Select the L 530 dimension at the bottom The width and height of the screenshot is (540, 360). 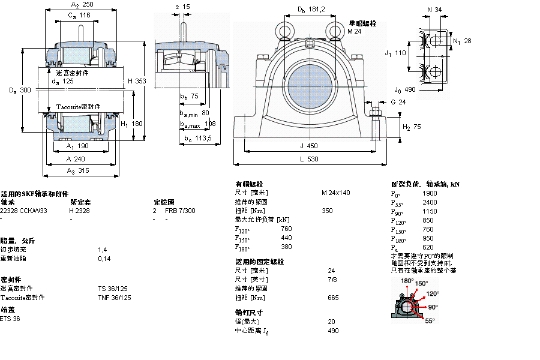tap(310, 160)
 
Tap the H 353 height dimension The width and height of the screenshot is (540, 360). tap(137, 81)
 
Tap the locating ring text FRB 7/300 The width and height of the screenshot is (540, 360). tap(180, 211)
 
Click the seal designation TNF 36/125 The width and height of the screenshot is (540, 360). tap(115, 297)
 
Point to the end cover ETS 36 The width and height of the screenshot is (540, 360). tap(10, 319)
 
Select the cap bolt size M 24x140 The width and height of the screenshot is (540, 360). tap(335, 193)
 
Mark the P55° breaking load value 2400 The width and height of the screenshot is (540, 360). tap(430, 202)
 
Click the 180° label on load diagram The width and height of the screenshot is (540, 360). tap(407, 281)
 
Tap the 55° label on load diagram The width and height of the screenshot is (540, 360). tap(430, 321)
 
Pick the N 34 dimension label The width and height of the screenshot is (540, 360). tap(434, 10)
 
